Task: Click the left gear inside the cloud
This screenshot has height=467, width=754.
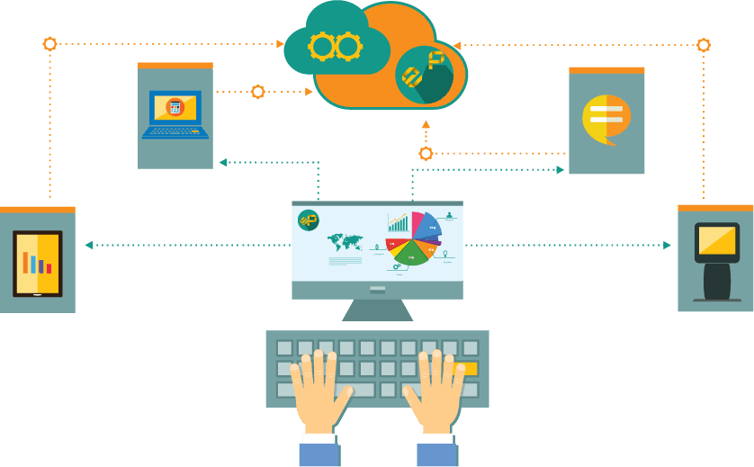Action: pos(322,46)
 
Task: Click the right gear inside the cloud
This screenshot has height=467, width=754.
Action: pos(348,46)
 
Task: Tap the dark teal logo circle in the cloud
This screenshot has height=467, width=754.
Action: pos(424,74)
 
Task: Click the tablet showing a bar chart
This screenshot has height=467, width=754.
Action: pos(38,263)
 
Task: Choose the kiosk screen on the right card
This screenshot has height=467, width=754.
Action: pos(717,241)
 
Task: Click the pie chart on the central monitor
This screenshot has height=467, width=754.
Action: pos(414,238)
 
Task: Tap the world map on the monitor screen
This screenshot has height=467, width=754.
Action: pos(345,242)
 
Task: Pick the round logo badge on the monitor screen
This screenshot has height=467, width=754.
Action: pos(309,220)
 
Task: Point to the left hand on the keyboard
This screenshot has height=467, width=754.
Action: pos(319,391)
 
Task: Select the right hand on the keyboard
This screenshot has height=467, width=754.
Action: pos(435,391)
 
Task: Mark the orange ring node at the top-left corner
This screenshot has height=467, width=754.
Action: pos(50,44)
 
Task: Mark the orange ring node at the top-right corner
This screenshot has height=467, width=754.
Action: pos(704,45)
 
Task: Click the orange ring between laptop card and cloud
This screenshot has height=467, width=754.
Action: pos(258,92)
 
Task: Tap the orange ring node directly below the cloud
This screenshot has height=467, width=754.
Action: pos(426,154)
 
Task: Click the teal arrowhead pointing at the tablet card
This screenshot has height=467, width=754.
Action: pos(89,245)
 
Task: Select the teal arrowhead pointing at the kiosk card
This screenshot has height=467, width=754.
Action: pos(667,245)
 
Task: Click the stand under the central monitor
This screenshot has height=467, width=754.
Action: pos(378,310)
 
